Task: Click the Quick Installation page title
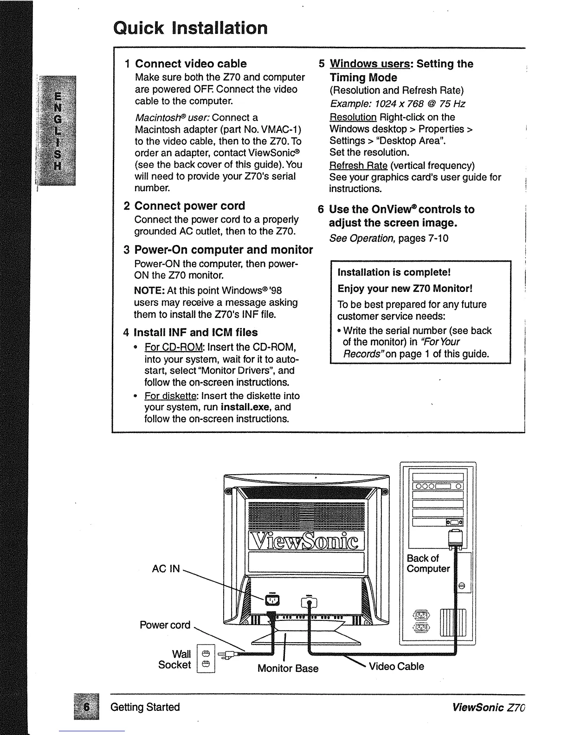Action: click(190, 28)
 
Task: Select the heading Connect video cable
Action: click(191, 64)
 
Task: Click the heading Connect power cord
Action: click(189, 206)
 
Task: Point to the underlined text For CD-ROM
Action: click(174, 347)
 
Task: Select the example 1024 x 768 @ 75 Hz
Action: click(397, 103)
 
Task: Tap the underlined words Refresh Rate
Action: click(358, 166)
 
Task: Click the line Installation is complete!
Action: click(394, 272)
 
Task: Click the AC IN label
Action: click(166, 568)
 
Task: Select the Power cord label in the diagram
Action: click(165, 625)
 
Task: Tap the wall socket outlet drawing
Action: click(206, 658)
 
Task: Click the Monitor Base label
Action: click(288, 668)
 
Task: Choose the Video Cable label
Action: click(396, 666)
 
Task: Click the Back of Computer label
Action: click(428, 563)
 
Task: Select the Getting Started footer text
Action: click(145, 707)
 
